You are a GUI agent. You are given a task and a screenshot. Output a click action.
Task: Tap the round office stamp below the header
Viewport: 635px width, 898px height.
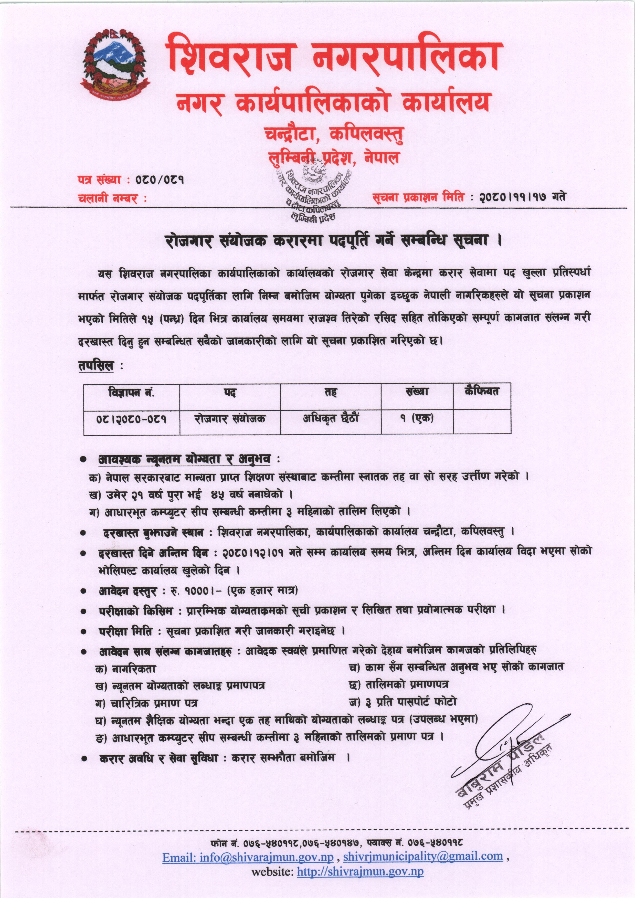click(313, 192)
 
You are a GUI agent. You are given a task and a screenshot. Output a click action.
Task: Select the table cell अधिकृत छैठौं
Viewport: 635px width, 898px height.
click(331, 419)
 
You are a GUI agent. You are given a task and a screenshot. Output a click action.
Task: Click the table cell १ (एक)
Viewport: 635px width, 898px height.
click(417, 419)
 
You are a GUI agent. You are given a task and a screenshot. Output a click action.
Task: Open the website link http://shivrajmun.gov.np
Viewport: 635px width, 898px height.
click(360, 872)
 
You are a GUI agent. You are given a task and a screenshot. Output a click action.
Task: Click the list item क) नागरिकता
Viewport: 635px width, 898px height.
click(125, 669)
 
